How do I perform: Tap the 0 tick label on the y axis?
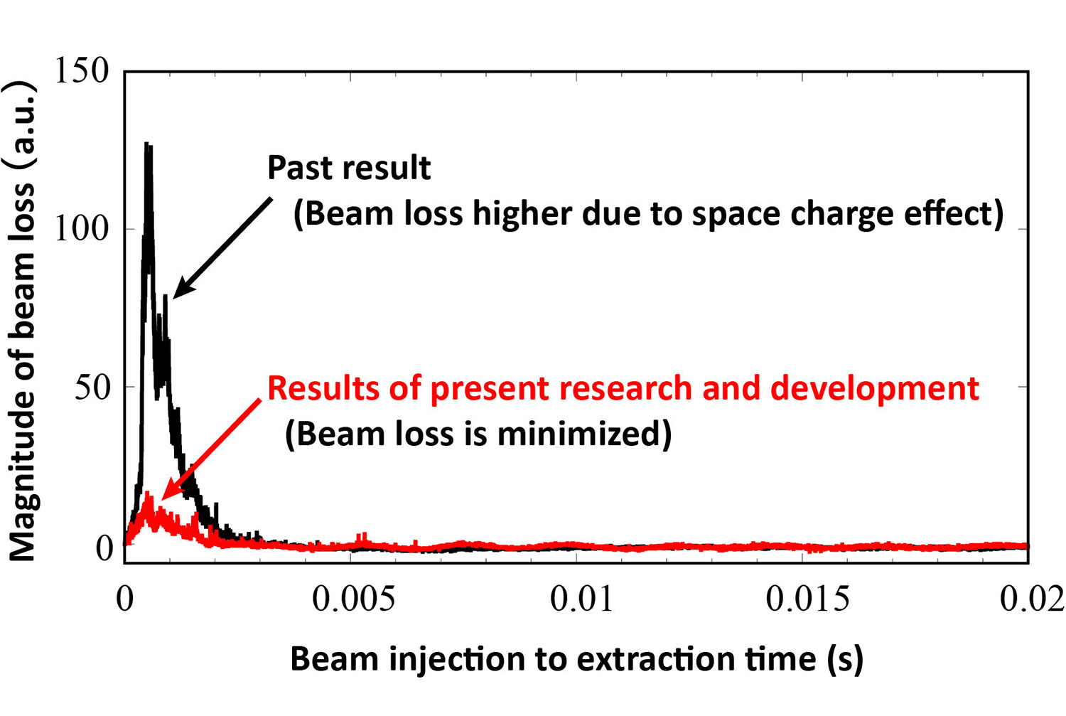click(105, 547)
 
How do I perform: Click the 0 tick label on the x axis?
click(125, 599)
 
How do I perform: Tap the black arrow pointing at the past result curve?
click(222, 247)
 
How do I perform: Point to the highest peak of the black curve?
click(146, 144)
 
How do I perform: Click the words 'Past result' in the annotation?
click(349, 169)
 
